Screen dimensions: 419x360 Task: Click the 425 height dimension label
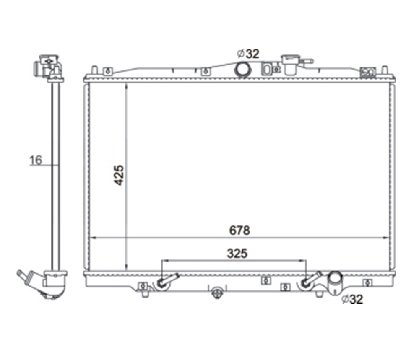point(119,175)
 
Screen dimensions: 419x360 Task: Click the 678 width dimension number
point(239,231)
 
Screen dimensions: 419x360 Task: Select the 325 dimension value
point(237,254)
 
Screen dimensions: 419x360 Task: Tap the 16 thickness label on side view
point(36,160)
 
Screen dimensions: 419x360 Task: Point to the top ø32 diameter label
point(248,54)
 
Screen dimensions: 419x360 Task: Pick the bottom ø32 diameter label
point(352,299)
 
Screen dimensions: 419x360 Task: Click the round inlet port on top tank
point(243,70)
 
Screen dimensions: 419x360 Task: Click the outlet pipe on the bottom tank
point(336,282)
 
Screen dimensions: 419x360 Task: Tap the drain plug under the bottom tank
point(217,293)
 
